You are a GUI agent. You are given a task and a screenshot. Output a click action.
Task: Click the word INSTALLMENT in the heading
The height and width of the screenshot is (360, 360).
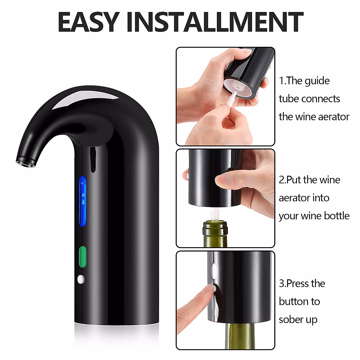tap(215, 22)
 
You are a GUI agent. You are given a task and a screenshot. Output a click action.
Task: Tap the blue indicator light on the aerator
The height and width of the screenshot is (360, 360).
tap(82, 201)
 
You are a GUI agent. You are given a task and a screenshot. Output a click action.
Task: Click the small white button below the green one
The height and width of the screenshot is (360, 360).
tap(81, 279)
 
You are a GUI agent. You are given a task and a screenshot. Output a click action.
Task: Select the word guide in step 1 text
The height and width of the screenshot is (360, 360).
tap(317, 81)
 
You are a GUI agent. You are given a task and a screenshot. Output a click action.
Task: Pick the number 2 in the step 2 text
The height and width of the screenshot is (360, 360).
tap(282, 180)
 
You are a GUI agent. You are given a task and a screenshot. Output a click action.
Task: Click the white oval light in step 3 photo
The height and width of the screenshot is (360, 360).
tap(214, 269)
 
